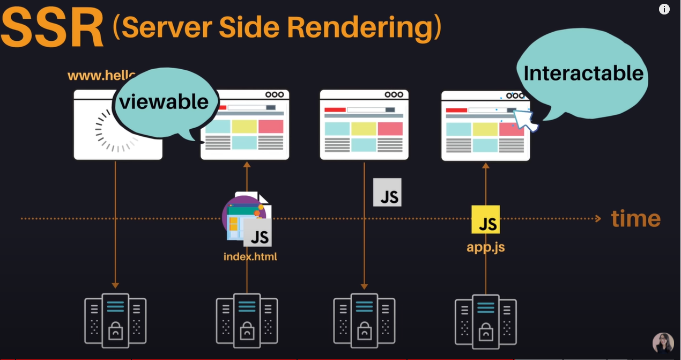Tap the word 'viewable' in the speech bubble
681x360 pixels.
tap(164, 101)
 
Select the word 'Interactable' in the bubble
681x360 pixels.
tap(583, 73)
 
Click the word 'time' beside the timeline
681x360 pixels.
tap(635, 219)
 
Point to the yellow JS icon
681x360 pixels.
tap(486, 219)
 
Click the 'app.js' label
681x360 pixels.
tap(486, 247)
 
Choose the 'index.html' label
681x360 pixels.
tap(250, 256)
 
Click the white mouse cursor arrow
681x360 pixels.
tap(526, 119)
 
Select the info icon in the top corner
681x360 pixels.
tap(664, 9)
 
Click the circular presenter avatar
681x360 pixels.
tap(663, 343)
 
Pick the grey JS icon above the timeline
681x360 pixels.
tap(387, 193)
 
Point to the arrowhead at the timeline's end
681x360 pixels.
tap(597, 219)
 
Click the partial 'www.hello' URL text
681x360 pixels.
tap(102, 76)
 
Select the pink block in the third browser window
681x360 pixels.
tap(390, 129)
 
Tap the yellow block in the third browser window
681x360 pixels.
tap(364, 129)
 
